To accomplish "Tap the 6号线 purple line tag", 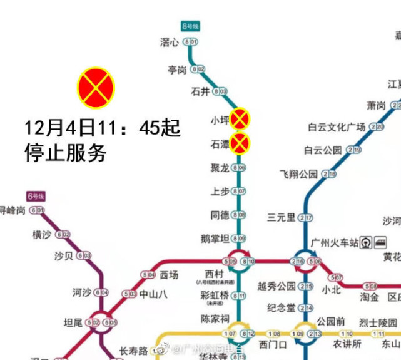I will (34, 197).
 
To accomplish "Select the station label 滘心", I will (170, 43).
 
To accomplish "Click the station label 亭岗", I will (177, 69).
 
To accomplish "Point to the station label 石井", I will (200, 91).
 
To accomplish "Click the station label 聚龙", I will (220, 168).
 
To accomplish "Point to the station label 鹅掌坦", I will (215, 238).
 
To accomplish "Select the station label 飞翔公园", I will (299, 173).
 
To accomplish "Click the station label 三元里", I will (281, 217).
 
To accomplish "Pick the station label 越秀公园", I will (276, 286).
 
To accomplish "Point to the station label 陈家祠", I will (216, 319).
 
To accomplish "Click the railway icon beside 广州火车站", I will (365, 242).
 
